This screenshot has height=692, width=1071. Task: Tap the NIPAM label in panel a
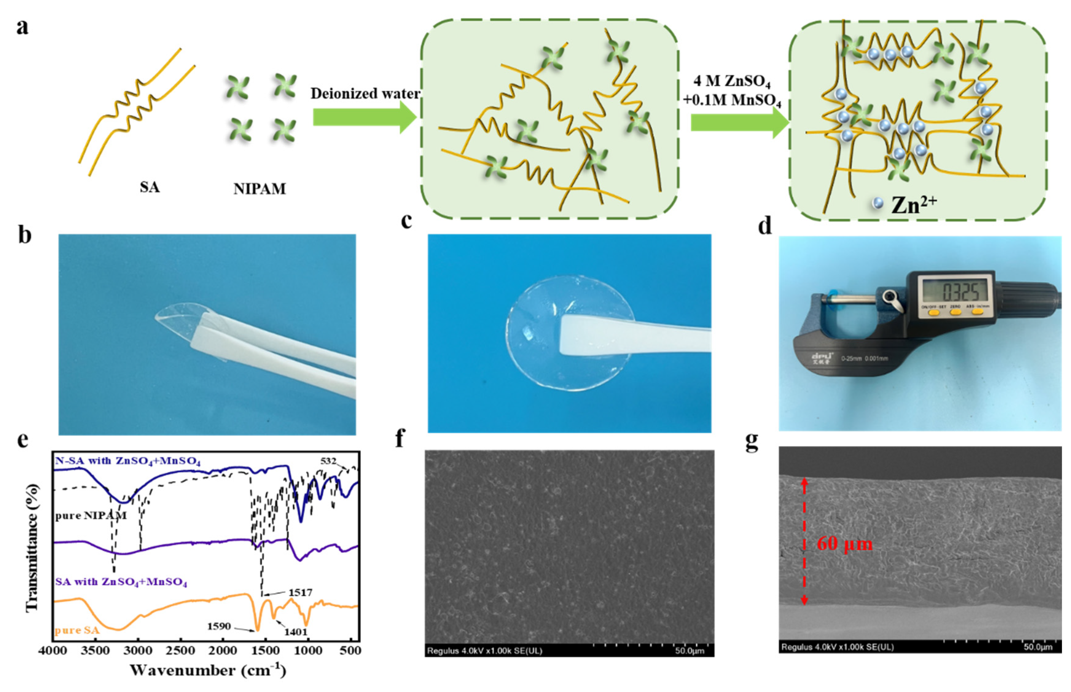click(260, 189)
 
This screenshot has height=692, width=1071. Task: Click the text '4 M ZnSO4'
click(731, 81)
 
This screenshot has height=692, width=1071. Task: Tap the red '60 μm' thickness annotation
click(844, 544)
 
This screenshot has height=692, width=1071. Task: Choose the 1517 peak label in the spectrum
click(300, 593)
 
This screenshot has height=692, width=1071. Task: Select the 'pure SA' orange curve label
click(77, 630)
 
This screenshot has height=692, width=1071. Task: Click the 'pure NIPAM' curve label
click(90, 515)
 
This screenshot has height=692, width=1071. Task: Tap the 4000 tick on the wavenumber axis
click(53, 651)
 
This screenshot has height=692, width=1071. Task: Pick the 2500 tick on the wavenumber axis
click(181, 651)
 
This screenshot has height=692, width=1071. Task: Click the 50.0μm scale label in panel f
click(689, 651)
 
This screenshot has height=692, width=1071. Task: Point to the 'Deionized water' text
click(365, 94)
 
